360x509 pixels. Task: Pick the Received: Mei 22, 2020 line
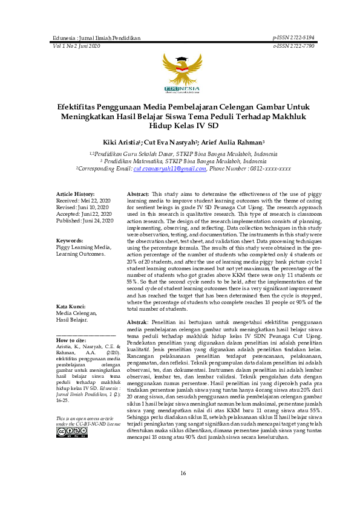click(x=83, y=199)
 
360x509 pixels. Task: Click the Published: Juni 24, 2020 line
click(x=85, y=221)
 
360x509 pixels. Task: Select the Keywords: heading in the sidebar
click(x=70, y=240)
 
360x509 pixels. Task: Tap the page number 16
click(x=182, y=473)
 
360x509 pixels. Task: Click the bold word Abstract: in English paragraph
click(x=139, y=193)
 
